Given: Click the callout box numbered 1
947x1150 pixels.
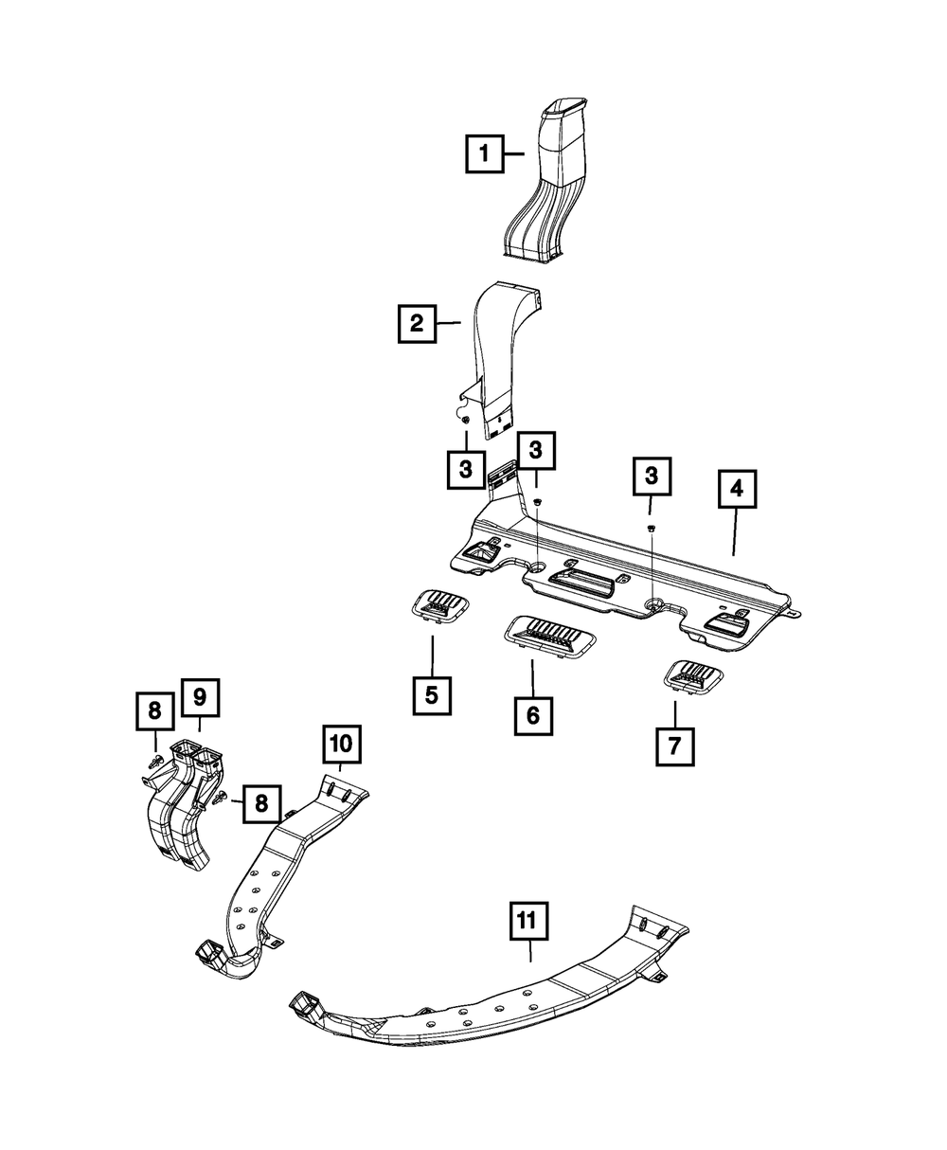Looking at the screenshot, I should pyautogui.click(x=484, y=153).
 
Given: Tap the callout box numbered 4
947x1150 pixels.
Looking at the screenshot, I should pyautogui.click(x=736, y=491).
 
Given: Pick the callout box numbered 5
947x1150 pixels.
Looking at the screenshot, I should pyautogui.click(x=431, y=695).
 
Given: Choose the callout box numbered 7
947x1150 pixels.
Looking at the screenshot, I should pyautogui.click(x=673, y=746).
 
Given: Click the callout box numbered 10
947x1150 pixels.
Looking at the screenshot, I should pyautogui.click(x=342, y=743).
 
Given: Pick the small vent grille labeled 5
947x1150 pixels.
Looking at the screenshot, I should pyautogui.click(x=440, y=603).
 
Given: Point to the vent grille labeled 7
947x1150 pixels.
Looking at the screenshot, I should pyautogui.click(x=697, y=676).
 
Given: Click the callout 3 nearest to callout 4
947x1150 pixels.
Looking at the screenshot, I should pyautogui.click(x=651, y=478).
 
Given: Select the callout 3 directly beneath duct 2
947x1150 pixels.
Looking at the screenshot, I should pyautogui.click(x=466, y=468).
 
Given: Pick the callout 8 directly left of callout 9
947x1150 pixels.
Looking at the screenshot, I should pyautogui.click(x=154, y=711).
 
